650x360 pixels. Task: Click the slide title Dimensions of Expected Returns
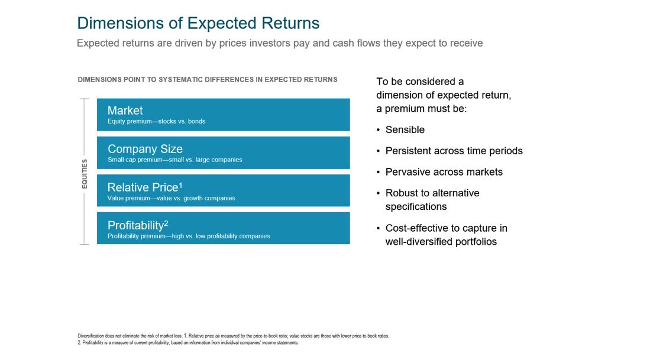[x=198, y=23]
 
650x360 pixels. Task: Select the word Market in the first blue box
[x=125, y=110]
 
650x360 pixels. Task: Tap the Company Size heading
[x=145, y=149]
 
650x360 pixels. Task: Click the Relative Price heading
[x=143, y=187]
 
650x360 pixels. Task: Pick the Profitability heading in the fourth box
[x=135, y=225]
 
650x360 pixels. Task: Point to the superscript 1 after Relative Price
[x=180, y=185]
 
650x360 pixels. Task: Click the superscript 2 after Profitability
[x=166, y=223]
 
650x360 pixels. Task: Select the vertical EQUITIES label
[x=85, y=174]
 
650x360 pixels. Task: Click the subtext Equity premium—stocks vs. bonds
[x=156, y=121]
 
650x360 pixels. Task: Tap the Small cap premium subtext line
[x=174, y=160]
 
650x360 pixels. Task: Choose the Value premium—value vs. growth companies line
[x=171, y=198]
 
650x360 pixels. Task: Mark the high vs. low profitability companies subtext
[x=189, y=236]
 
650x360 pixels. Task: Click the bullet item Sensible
[x=405, y=129]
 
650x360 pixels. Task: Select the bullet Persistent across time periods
[x=454, y=151]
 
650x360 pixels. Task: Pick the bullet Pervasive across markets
[x=444, y=172]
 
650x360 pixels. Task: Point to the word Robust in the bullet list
[x=400, y=193]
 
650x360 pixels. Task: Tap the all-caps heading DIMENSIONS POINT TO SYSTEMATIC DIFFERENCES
[x=207, y=80]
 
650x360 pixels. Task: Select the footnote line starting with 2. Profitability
[x=188, y=343]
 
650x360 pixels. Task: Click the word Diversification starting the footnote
[x=90, y=336]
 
